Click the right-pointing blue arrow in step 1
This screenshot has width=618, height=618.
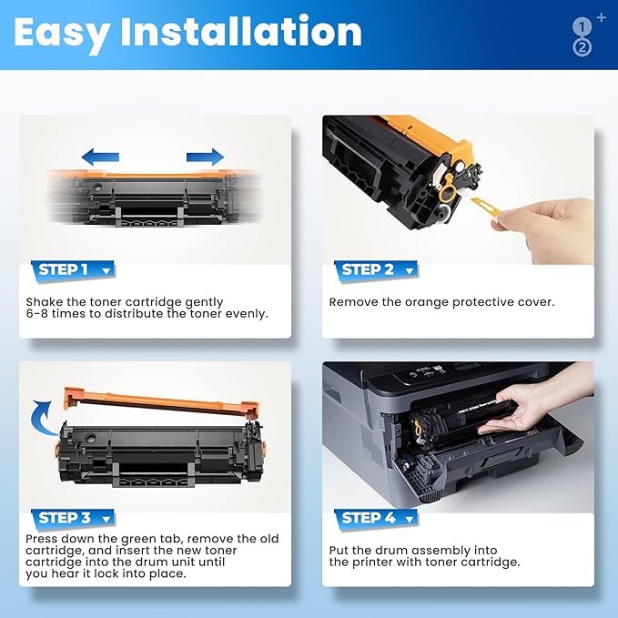(x=205, y=156)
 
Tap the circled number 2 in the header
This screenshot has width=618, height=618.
(x=582, y=47)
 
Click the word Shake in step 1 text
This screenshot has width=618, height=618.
(x=44, y=301)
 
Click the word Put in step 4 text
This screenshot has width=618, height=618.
(x=339, y=550)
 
